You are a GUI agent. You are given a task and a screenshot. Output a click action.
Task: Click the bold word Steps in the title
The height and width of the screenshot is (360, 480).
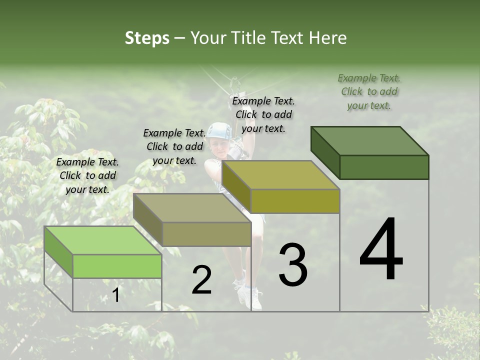click(147, 38)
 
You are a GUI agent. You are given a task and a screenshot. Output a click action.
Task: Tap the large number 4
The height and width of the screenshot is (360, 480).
click(381, 250)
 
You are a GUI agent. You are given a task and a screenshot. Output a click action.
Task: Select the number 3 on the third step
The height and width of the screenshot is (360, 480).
click(293, 265)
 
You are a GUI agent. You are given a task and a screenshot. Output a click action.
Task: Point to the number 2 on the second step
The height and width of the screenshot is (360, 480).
click(201, 280)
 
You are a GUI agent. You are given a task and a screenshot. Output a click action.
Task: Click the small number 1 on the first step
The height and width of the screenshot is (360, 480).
click(115, 295)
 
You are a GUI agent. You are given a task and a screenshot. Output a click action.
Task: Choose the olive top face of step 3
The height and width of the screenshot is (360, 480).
click(280, 175)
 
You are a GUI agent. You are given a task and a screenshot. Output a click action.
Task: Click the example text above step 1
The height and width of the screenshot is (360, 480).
click(87, 175)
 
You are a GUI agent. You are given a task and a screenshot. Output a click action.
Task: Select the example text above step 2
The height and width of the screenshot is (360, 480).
click(174, 146)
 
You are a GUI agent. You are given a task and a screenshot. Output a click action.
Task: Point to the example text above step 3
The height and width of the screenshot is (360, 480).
click(263, 114)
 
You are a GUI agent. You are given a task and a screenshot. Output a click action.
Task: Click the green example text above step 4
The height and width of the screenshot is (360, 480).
click(369, 91)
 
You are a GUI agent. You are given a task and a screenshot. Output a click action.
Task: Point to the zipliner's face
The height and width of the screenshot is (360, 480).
click(218, 147)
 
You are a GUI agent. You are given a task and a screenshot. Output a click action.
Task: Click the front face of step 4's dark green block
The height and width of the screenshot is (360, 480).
click(384, 167)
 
